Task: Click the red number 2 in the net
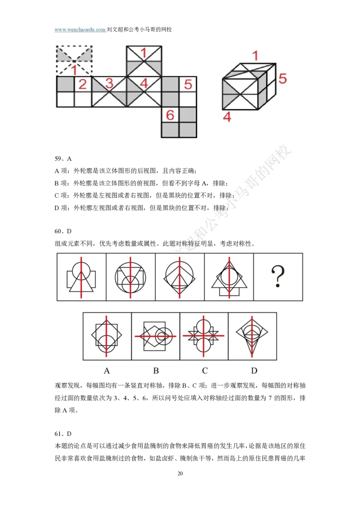82,84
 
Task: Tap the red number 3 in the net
109,84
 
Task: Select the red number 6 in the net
170,115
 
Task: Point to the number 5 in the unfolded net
188,84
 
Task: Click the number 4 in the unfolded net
144,84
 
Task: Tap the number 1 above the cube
255,56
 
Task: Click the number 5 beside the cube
282,79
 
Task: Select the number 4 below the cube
227,117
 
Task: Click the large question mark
278,277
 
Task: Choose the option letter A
107,371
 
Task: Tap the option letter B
156,371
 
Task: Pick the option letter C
205,371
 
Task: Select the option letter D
254,371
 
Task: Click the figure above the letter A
107,336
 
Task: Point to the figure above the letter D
252,336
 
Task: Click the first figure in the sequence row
81,277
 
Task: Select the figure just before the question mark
229,277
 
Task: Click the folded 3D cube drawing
248,86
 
